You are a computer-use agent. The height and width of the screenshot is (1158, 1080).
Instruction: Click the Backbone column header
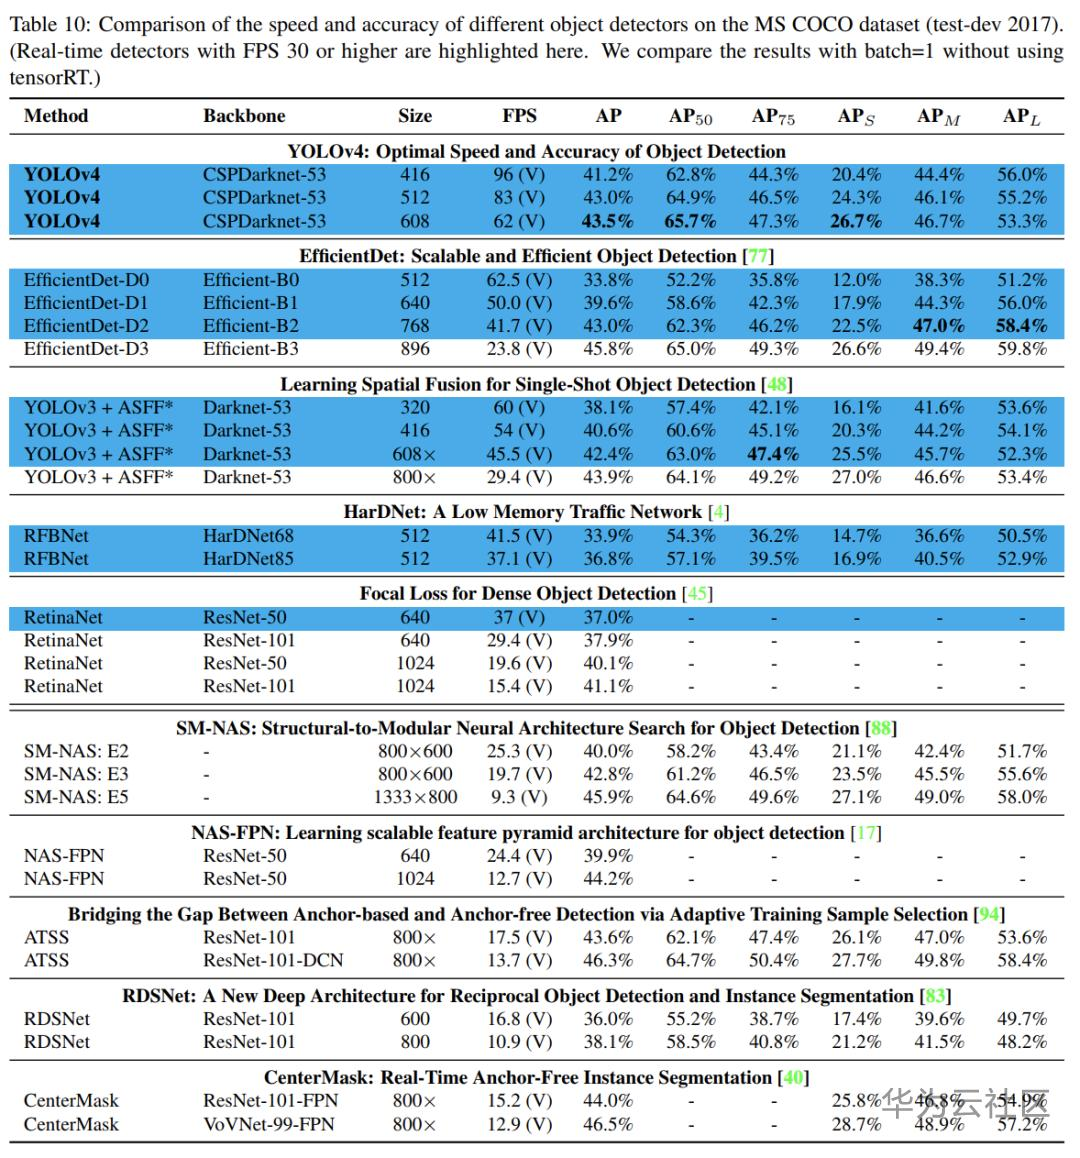(x=244, y=116)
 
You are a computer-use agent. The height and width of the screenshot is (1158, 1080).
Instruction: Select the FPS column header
(x=519, y=116)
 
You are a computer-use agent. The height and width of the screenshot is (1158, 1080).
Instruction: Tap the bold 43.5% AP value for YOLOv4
(x=608, y=221)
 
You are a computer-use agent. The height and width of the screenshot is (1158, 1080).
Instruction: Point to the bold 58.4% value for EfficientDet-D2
(x=1021, y=326)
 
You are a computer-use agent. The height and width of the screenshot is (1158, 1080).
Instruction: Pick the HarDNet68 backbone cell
(x=248, y=536)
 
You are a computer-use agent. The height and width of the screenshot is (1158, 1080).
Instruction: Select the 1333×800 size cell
(x=415, y=797)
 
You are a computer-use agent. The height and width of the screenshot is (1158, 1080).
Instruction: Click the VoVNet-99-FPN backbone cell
(x=269, y=1124)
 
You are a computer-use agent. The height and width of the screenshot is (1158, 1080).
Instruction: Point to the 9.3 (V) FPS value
(x=519, y=797)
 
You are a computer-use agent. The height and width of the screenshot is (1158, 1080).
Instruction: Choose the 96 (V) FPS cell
(x=519, y=175)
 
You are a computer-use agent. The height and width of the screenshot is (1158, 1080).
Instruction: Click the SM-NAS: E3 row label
(x=76, y=774)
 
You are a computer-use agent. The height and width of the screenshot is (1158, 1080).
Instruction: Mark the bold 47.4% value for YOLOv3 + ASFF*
(x=773, y=454)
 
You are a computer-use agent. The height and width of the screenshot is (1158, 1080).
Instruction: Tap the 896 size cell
(x=415, y=349)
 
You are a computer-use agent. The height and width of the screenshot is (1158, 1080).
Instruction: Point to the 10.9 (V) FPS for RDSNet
(x=519, y=1041)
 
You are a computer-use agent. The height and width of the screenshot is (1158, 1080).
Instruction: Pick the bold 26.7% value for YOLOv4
(x=856, y=221)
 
